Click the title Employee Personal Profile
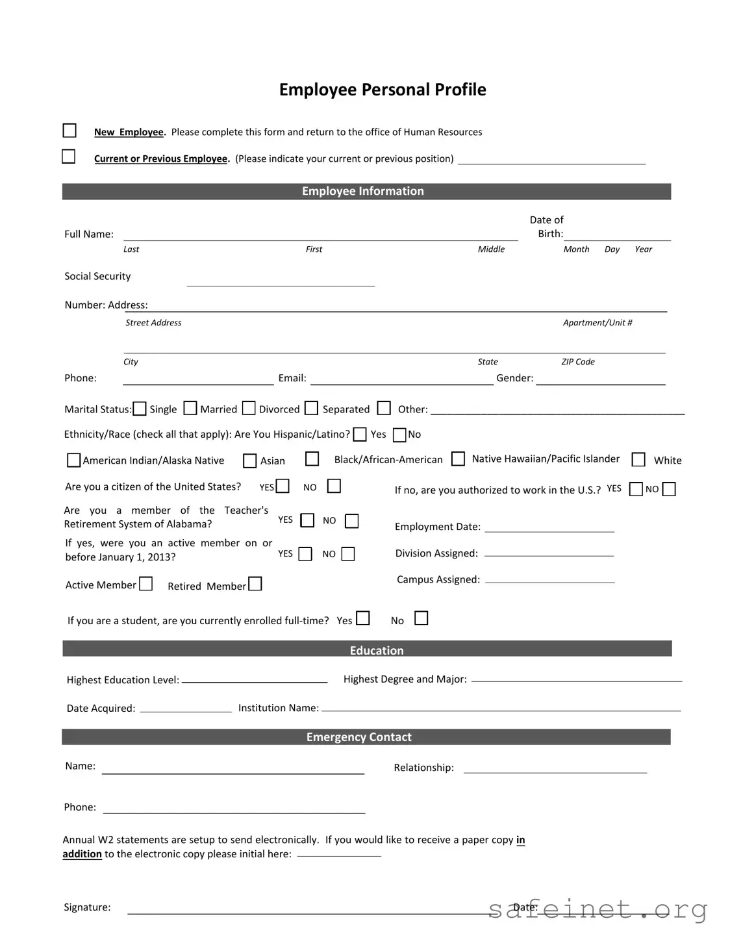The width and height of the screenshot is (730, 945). (382, 90)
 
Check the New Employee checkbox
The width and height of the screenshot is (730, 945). (69, 131)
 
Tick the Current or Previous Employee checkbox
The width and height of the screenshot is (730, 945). (68, 157)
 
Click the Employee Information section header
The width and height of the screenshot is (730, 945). (362, 191)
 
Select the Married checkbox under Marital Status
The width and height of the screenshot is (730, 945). (190, 408)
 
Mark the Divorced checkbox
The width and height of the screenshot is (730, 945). (249, 408)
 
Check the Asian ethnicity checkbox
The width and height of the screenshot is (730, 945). (249, 460)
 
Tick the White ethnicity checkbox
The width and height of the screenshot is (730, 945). (638, 459)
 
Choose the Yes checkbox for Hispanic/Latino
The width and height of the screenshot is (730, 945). (360, 434)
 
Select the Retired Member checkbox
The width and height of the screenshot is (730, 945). (255, 584)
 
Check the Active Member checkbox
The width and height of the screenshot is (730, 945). (146, 584)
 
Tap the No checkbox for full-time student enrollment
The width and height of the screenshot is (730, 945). (422, 618)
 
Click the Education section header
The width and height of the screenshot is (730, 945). (376, 650)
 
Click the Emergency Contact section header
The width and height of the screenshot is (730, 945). (359, 737)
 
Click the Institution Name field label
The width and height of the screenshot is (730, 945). (278, 708)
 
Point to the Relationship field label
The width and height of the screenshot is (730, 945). (423, 768)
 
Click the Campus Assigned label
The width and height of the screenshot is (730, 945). (438, 579)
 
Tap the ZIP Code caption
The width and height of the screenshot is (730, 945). (577, 362)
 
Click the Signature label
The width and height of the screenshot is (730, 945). (87, 907)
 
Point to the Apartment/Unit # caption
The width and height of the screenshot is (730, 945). (597, 323)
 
